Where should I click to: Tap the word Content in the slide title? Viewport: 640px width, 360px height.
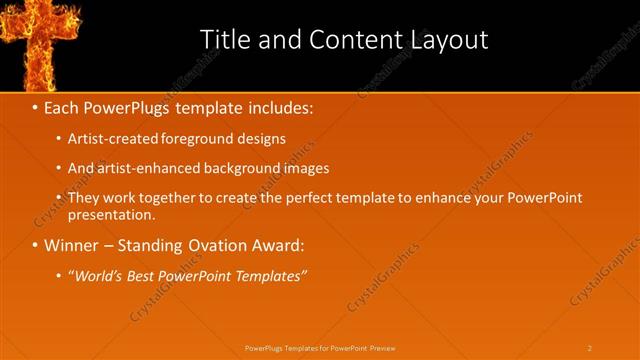tap(351, 39)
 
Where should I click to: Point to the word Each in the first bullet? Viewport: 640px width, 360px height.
tap(63, 108)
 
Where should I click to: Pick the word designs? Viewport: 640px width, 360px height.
tap(261, 139)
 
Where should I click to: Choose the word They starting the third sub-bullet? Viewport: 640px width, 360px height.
tap(82, 198)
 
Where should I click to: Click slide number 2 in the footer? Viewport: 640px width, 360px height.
tap(590, 347)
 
